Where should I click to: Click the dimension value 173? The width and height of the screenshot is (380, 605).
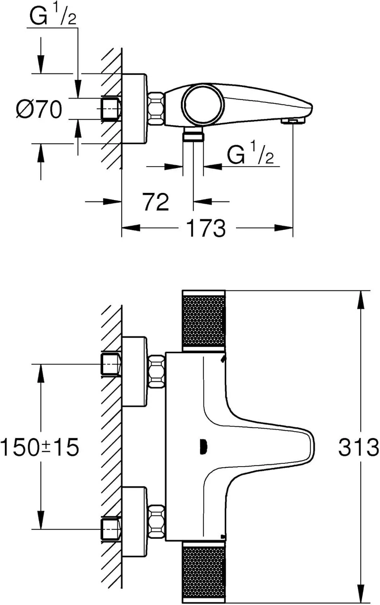[x=205, y=229]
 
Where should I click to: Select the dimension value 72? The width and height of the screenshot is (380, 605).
[x=155, y=202]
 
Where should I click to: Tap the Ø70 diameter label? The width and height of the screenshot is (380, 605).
[x=40, y=109]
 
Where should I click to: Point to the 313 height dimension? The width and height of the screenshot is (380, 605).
[x=358, y=447]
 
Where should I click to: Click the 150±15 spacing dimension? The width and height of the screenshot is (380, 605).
[x=40, y=447]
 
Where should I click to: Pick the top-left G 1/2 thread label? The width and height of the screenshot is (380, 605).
[x=53, y=17]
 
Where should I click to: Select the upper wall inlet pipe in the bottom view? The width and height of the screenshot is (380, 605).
[x=110, y=364]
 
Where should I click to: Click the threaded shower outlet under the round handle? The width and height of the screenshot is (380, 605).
[x=193, y=135]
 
